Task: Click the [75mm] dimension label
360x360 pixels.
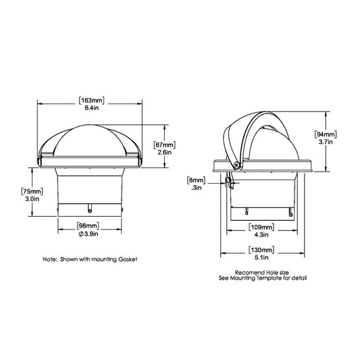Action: [x=32, y=191]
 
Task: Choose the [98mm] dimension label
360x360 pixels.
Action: [x=89, y=226]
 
